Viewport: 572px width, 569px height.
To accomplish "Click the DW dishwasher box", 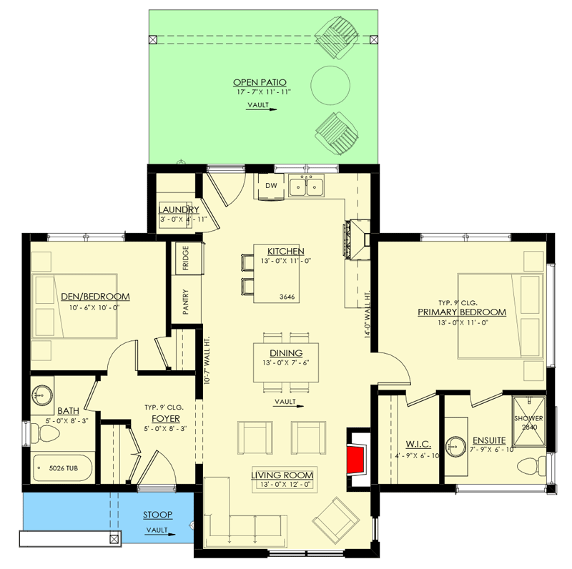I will coord(271,186).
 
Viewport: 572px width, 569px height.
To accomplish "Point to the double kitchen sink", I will coord(306,187).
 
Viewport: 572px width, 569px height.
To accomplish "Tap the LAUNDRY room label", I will coord(178,209).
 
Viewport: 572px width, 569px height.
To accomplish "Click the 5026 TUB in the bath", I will coord(63,469).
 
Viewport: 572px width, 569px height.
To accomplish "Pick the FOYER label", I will coord(165,418).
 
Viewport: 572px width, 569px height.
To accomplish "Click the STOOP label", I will coord(157,515).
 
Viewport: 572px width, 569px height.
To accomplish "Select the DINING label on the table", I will coord(286,353).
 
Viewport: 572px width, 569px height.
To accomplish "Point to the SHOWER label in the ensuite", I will coord(528,418).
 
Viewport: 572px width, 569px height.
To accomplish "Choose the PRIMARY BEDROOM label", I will coord(462,312).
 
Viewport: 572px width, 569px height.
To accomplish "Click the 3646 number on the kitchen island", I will coord(287,297).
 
